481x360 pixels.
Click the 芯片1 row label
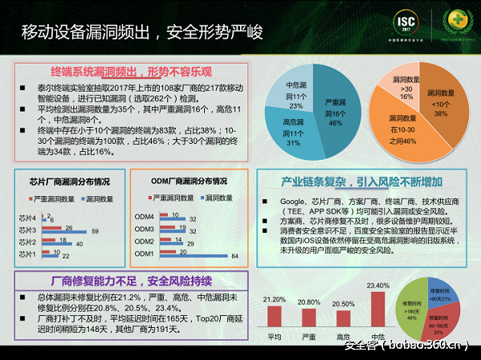click(27, 254)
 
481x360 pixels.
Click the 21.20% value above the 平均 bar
click(274, 299)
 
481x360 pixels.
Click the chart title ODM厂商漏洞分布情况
click(189, 180)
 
